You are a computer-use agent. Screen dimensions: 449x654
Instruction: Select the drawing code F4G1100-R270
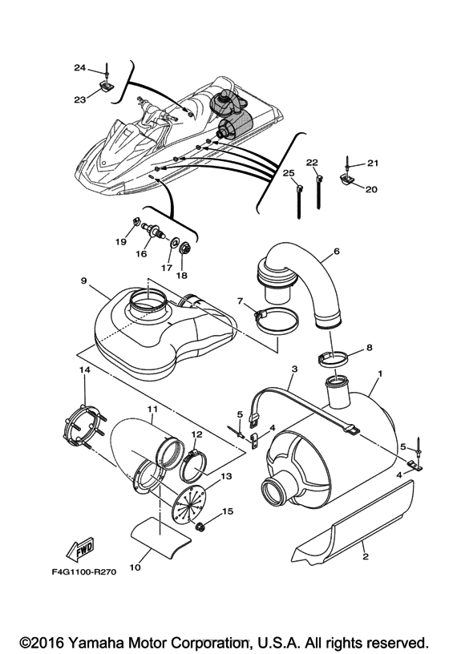click(84, 571)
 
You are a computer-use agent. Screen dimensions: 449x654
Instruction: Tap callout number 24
click(79, 67)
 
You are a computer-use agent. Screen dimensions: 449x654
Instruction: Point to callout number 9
click(84, 281)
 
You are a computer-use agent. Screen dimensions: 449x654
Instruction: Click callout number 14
click(85, 369)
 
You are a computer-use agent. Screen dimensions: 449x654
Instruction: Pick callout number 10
click(136, 567)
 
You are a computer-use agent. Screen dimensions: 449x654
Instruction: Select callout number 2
click(366, 556)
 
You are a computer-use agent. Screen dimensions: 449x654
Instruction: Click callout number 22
click(312, 163)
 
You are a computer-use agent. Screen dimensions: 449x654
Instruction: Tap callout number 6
click(336, 251)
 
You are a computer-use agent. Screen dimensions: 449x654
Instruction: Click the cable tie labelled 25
click(299, 202)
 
